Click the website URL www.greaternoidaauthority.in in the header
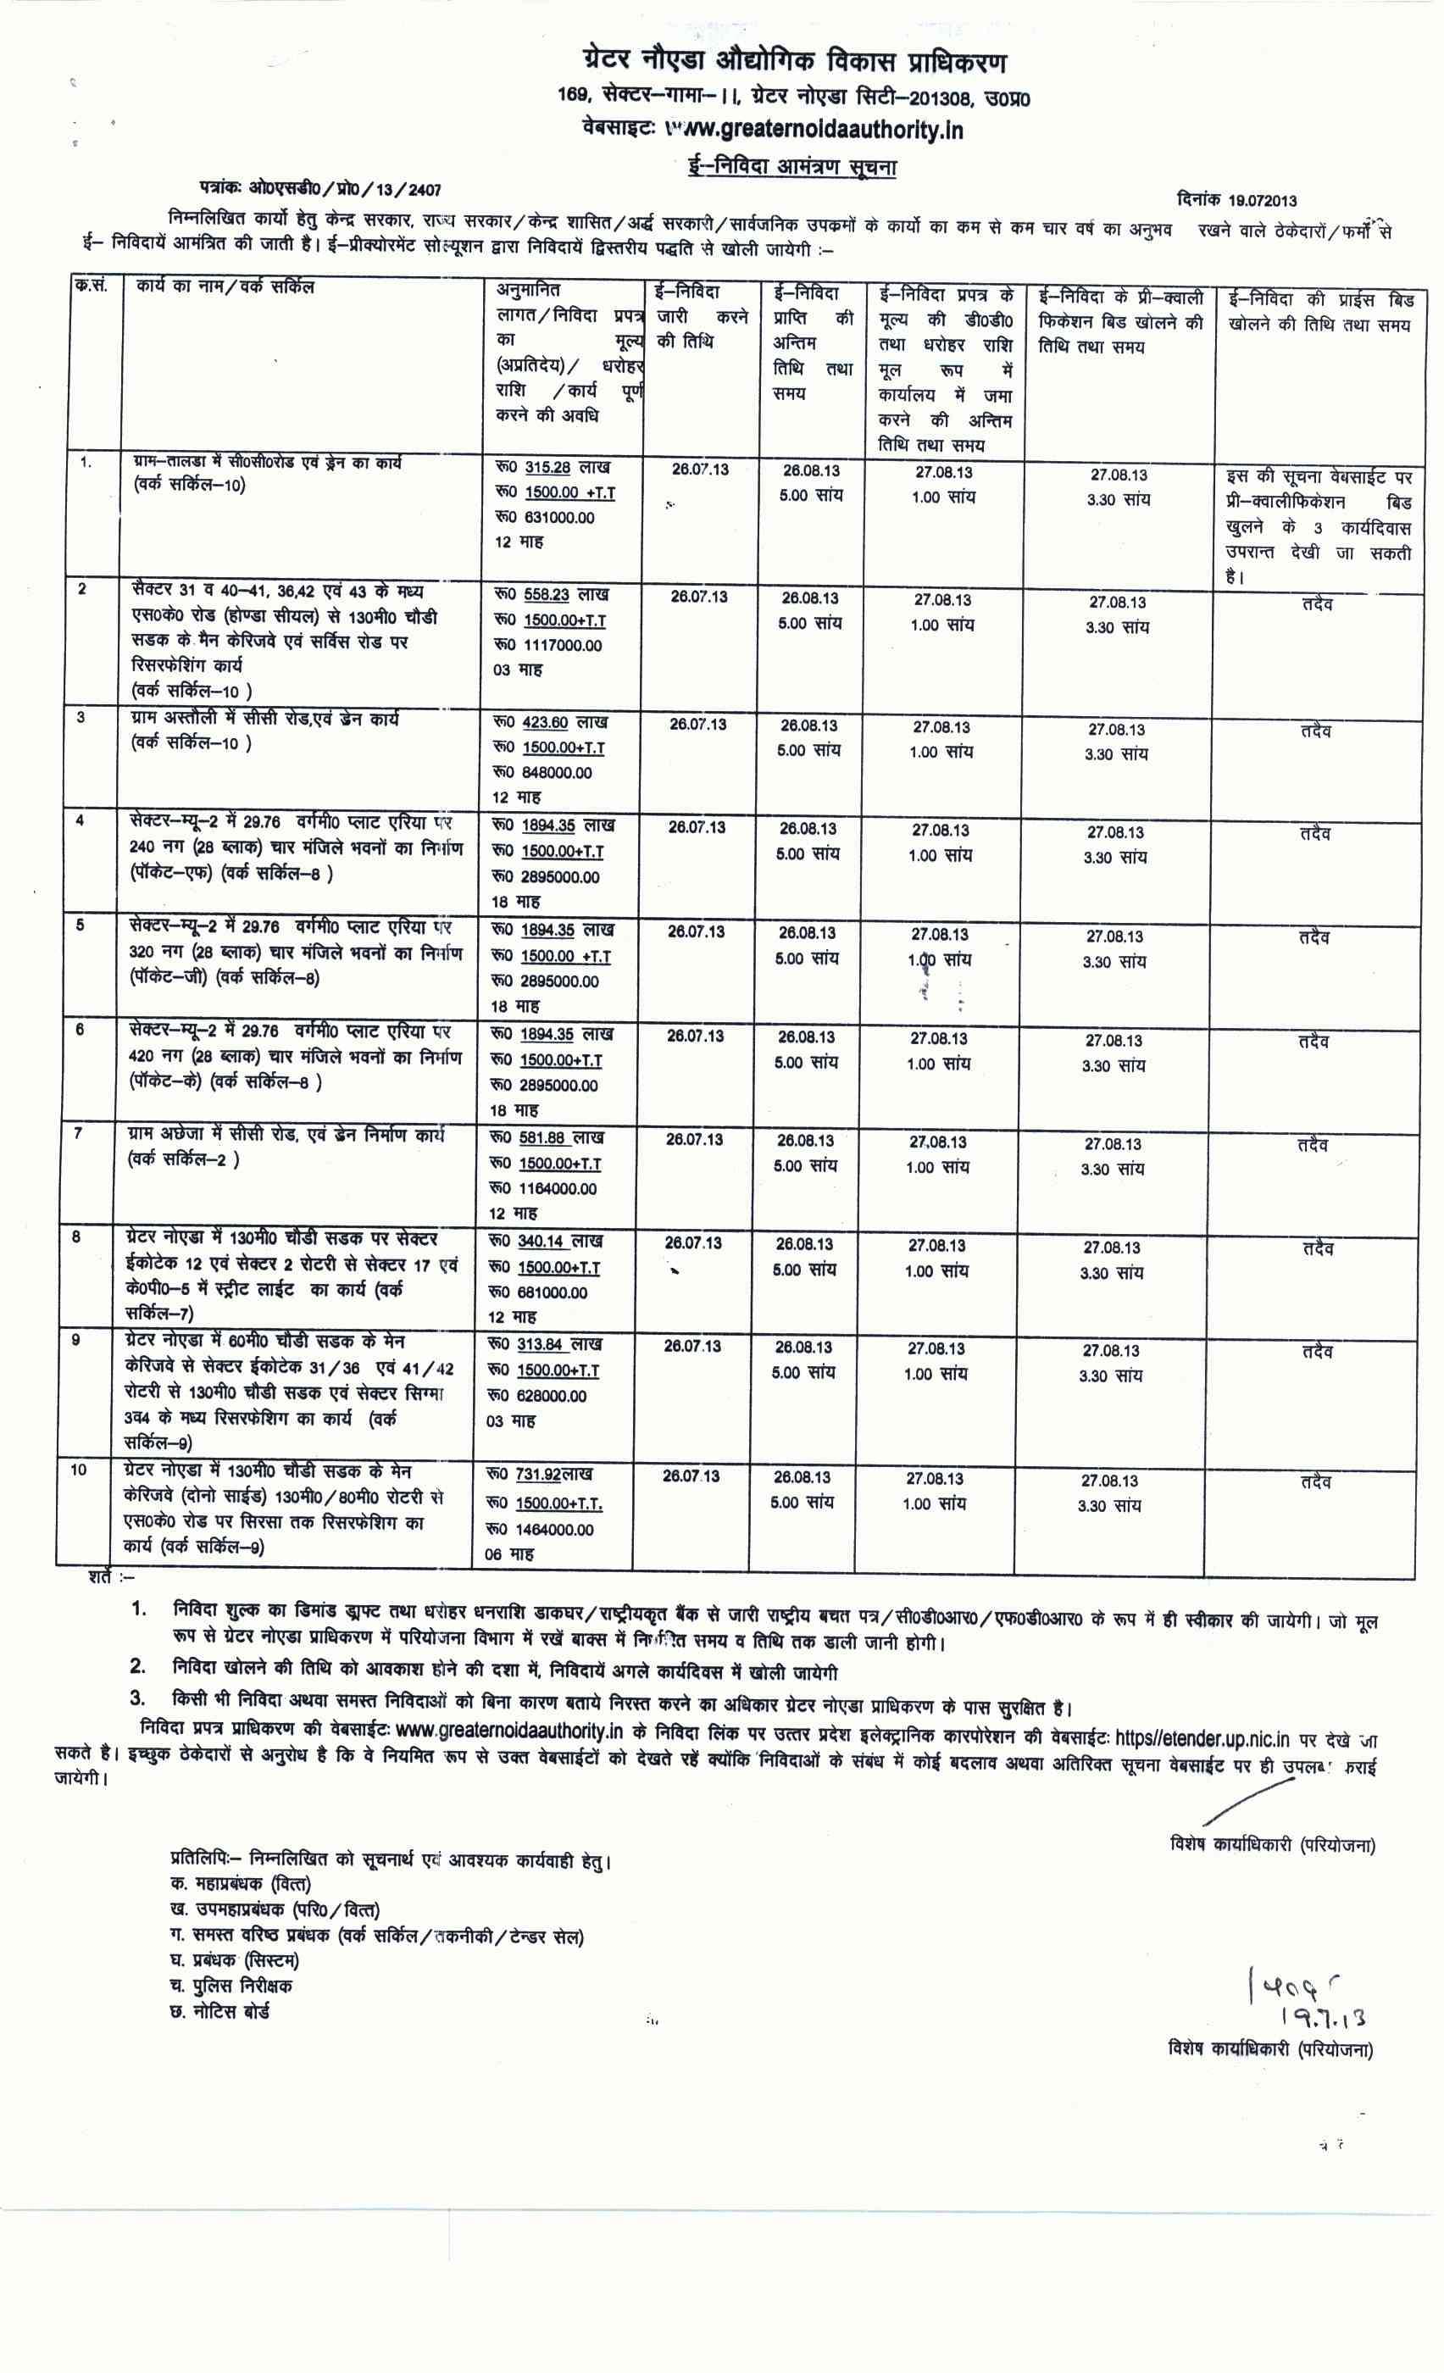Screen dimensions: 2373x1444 pos(814,129)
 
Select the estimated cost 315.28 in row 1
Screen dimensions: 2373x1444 pos(547,467)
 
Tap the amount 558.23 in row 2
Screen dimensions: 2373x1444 pos(546,595)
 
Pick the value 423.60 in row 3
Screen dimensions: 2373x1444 pos(545,722)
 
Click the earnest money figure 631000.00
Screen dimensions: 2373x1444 pos(558,517)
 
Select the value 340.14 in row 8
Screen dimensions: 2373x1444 pos(540,1242)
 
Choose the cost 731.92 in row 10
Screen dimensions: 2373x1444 pos(537,1475)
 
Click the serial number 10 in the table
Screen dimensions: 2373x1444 pos(78,1470)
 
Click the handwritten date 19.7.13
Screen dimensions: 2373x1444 pos(1322,2015)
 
